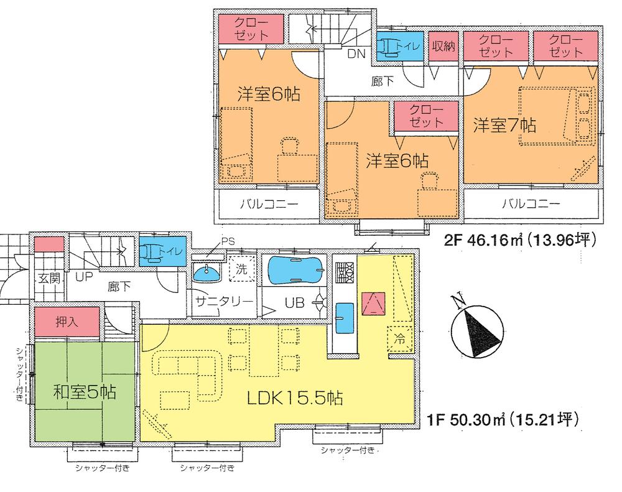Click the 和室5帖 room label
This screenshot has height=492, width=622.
tap(85, 392)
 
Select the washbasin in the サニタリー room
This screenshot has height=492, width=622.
tap(207, 271)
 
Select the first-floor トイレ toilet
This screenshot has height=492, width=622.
tap(160, 252)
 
